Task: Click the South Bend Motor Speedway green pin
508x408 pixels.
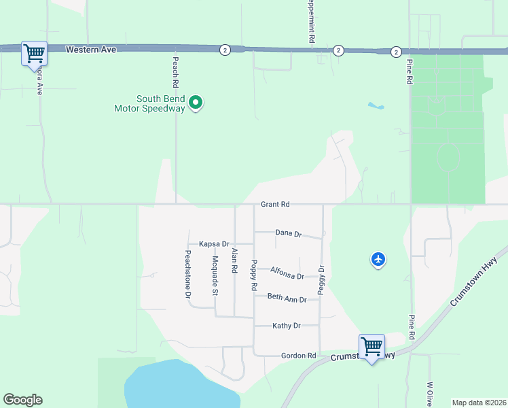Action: point(196,103)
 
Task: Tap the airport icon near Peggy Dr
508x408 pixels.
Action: point(378,259)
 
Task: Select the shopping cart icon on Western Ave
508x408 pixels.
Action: point(34,52)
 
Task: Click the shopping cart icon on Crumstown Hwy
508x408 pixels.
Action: point(371,346)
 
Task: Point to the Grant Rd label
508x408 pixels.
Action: point(275,204)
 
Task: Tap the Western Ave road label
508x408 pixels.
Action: point(92,50)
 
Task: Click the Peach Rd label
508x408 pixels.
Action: point(175,71)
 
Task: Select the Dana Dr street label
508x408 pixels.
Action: point(289,233)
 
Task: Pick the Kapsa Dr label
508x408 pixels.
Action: point(214,243)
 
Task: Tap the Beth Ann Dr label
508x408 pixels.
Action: point(287,298)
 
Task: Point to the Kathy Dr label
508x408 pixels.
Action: point(286,326)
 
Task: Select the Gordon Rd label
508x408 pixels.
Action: point(299,356)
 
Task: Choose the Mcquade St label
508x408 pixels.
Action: point(215,275)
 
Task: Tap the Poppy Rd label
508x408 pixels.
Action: point(254,276)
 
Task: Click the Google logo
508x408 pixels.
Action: point(22,400)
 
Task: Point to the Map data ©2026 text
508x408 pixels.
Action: point(479,403)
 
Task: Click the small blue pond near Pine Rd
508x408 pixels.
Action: point(376,106)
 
